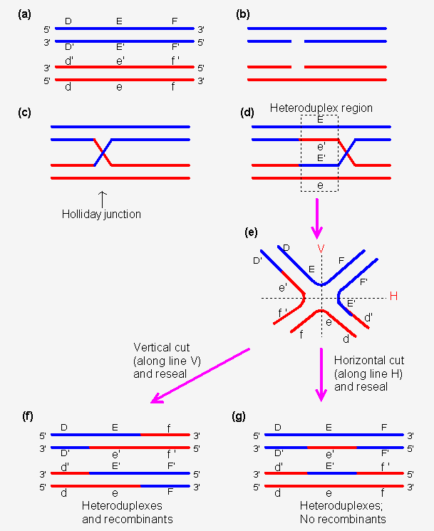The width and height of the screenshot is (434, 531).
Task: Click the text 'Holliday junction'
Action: click(101, 214)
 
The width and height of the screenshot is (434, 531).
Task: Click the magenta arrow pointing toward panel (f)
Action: click(200, 375)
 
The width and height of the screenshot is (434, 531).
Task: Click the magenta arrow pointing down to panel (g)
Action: click(322, 373)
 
